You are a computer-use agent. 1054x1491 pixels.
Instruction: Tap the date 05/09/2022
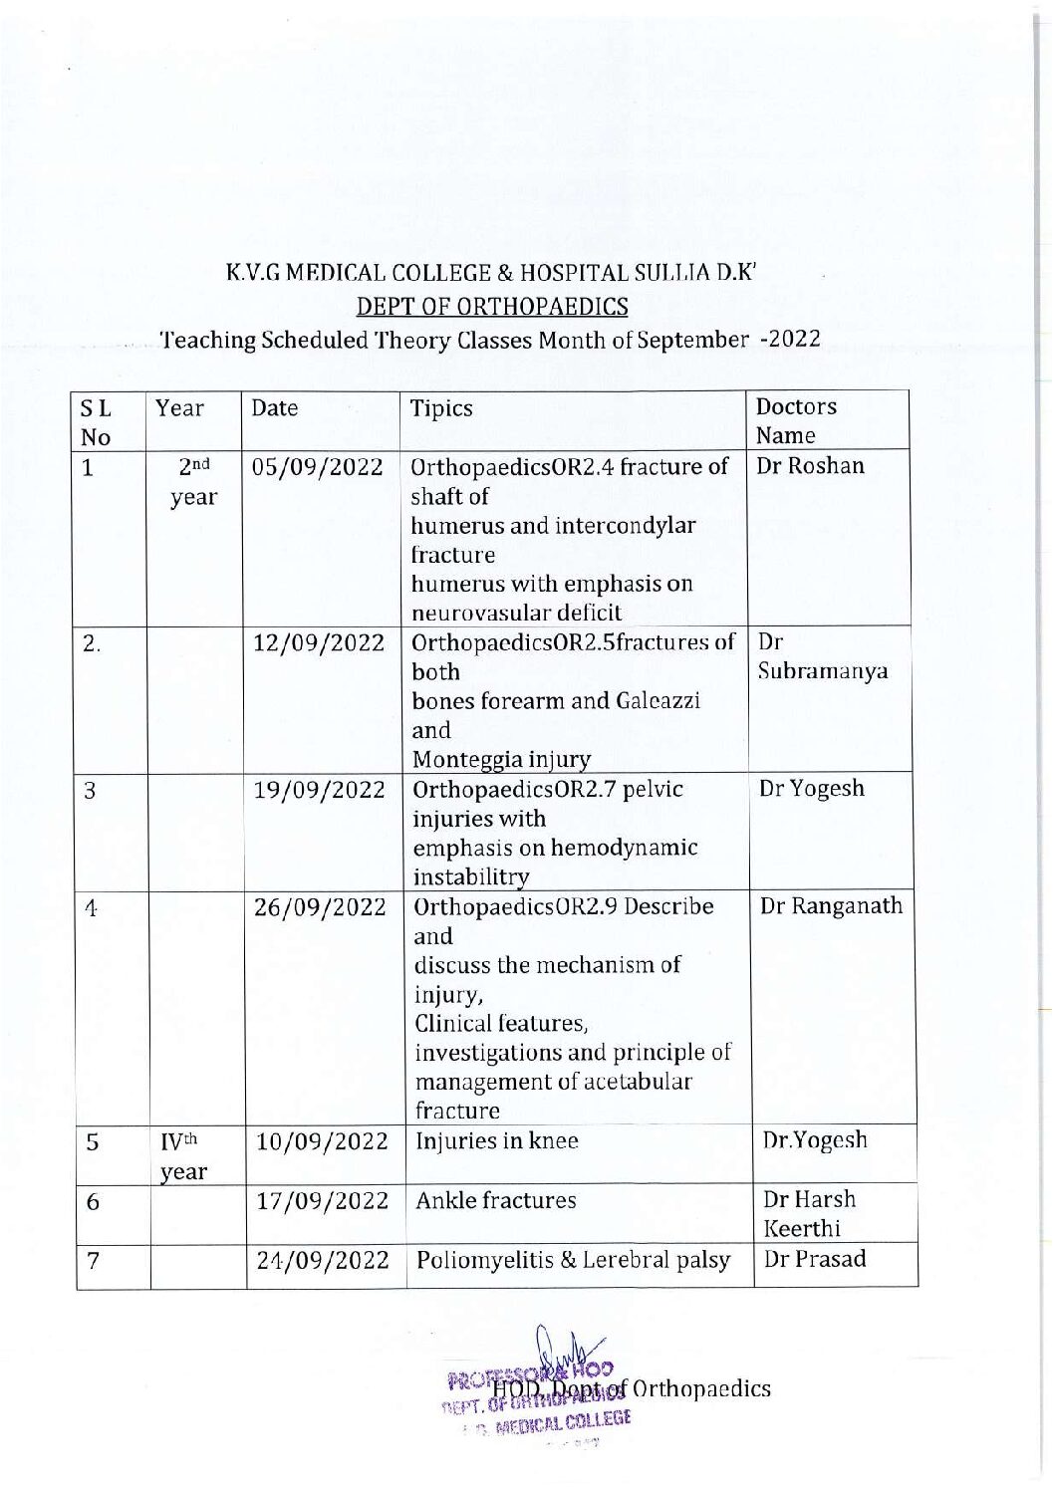(x=318, y=467)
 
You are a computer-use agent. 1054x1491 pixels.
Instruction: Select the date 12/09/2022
(x=319, y=643)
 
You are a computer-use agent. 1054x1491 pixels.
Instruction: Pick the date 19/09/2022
(x=319, y=791)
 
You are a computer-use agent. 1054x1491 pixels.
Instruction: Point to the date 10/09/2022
(x=321, y=1142)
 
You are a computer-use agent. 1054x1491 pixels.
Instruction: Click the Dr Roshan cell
(x=810, y=466)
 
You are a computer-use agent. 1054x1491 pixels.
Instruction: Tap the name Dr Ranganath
(x=831, y=906)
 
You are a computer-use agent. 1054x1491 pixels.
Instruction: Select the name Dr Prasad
(x=814, y=1259)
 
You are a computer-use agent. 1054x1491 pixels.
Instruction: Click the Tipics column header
(x=441, y=408)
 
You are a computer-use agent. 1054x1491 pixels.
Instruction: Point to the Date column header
(x=274, y=408)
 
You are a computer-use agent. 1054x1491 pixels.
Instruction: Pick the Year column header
(x=179, y=408)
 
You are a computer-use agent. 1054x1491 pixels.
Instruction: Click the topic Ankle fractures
(x=495, y=1201)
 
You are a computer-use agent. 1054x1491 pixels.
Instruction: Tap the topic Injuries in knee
(x=496, y=1141)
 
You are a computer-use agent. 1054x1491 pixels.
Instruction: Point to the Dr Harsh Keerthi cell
(x=808, y=1213)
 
